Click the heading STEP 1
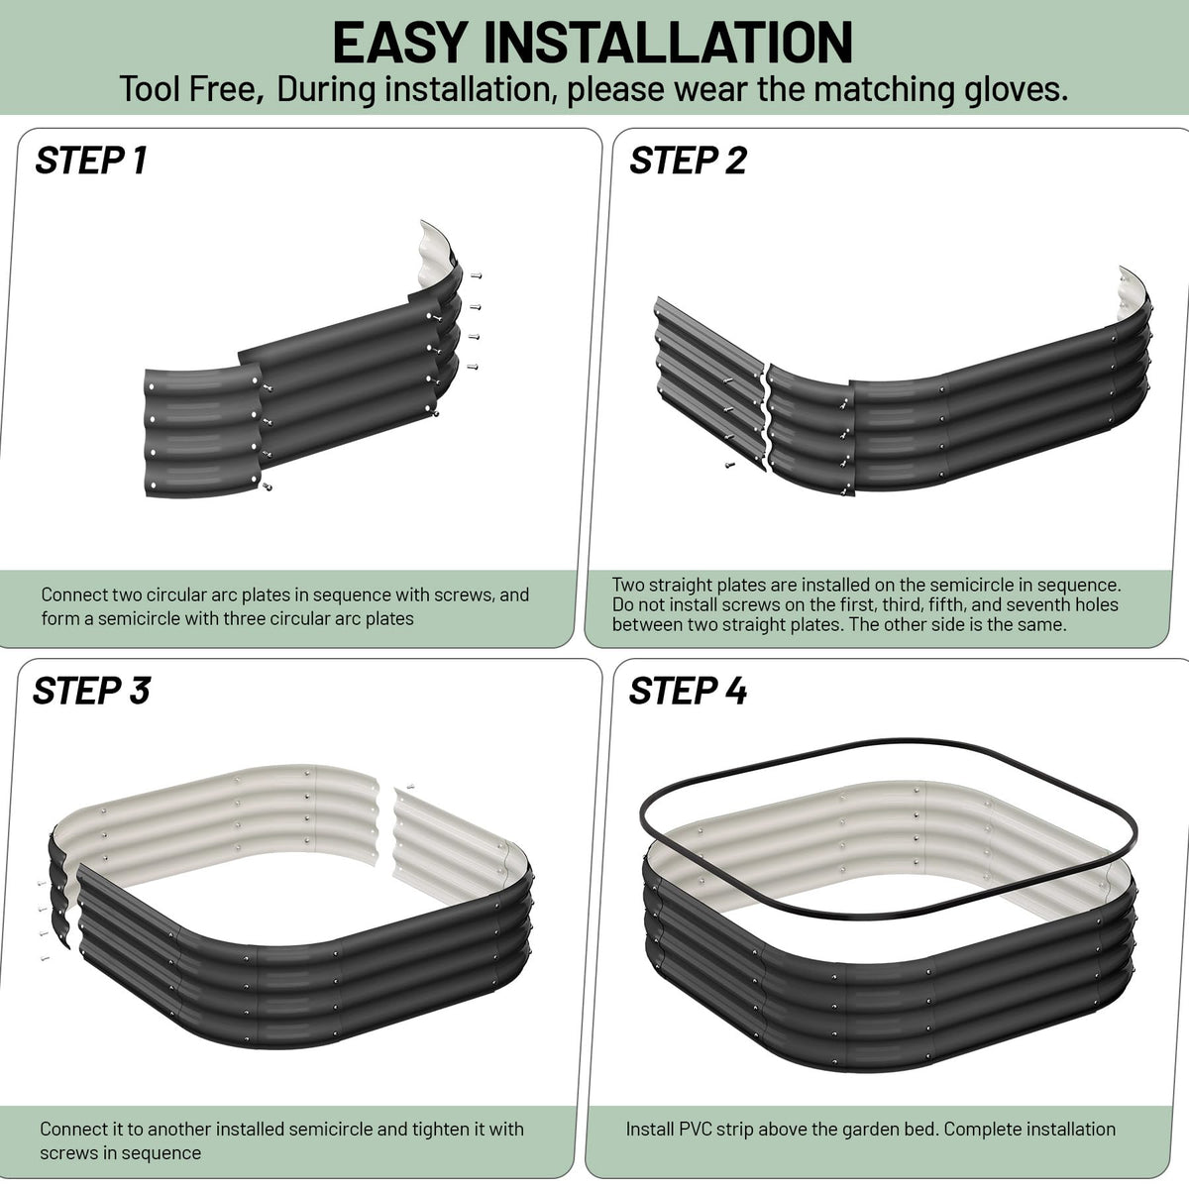pyautogui.click(x=91, y=161)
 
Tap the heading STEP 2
pyautogui.click(x=688, y=161)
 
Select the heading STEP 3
pyautogui.click(x=91, y=691)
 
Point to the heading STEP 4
pyautogui.click(x=688, y=691)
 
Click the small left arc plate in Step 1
pyautogui.click(x=202, y=431)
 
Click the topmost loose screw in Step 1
pyautogui.click(x=476, y=275)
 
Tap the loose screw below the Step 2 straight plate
pyautogui.click(x=730, y=464)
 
